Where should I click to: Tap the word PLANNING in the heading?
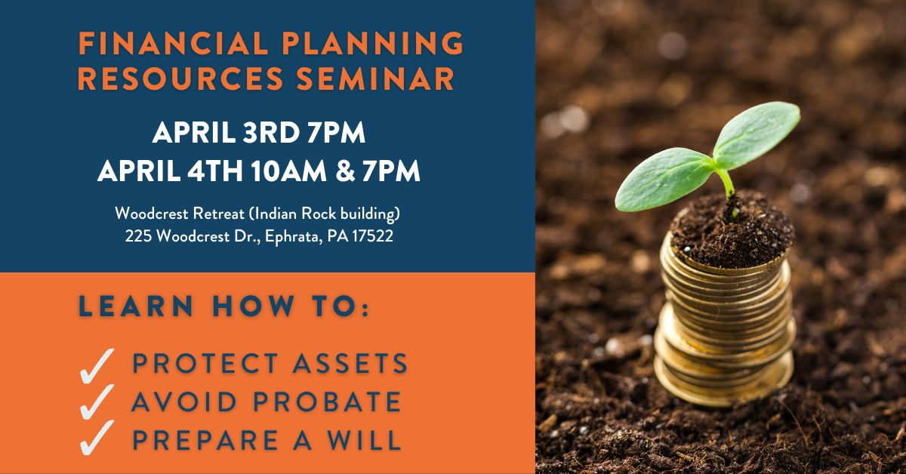coord(372,42)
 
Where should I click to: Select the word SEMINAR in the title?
coord(376,78)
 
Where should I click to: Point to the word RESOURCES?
coord(180,78)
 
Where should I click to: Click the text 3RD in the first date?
coord(270,133)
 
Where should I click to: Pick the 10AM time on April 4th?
coord(288,171)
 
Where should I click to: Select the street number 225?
coord(138,236)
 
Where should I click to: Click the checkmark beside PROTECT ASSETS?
coord(97,366)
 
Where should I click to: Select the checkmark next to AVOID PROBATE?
coord(97,402)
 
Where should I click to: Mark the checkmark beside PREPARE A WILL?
coord(97,438)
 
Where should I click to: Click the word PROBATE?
coord(327,402)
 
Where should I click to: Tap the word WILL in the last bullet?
coord(364,439)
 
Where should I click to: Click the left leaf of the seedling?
coord(664,179)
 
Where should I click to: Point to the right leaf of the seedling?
coord(756,134)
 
